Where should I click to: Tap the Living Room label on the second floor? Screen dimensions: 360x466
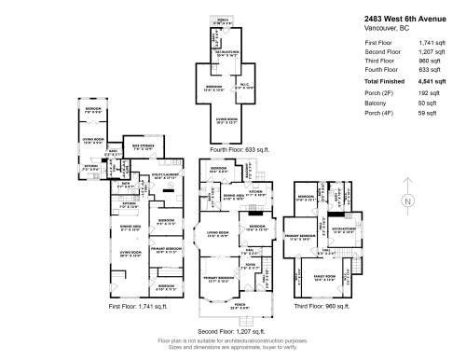pyautogui.click(x=218, y=233)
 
